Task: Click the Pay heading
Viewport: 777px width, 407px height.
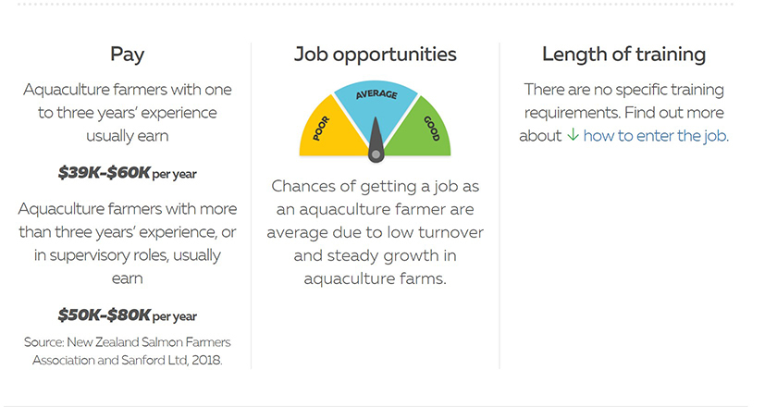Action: coord(127,55)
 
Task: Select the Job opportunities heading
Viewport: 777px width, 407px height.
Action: coord(376,55)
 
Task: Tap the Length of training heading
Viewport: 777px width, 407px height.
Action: coord(623,54)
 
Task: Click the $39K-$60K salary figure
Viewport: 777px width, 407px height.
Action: coord(104,173)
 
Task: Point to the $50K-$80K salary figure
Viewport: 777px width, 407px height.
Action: coord(104,314)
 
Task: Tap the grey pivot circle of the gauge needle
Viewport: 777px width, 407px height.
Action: coord(376,154)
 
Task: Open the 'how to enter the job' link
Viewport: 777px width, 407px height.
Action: coord(656,136)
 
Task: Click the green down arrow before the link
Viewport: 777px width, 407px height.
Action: coord(573,135)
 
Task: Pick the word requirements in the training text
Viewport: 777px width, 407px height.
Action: coord(572,114)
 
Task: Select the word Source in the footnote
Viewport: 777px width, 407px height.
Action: coord(43,342)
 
